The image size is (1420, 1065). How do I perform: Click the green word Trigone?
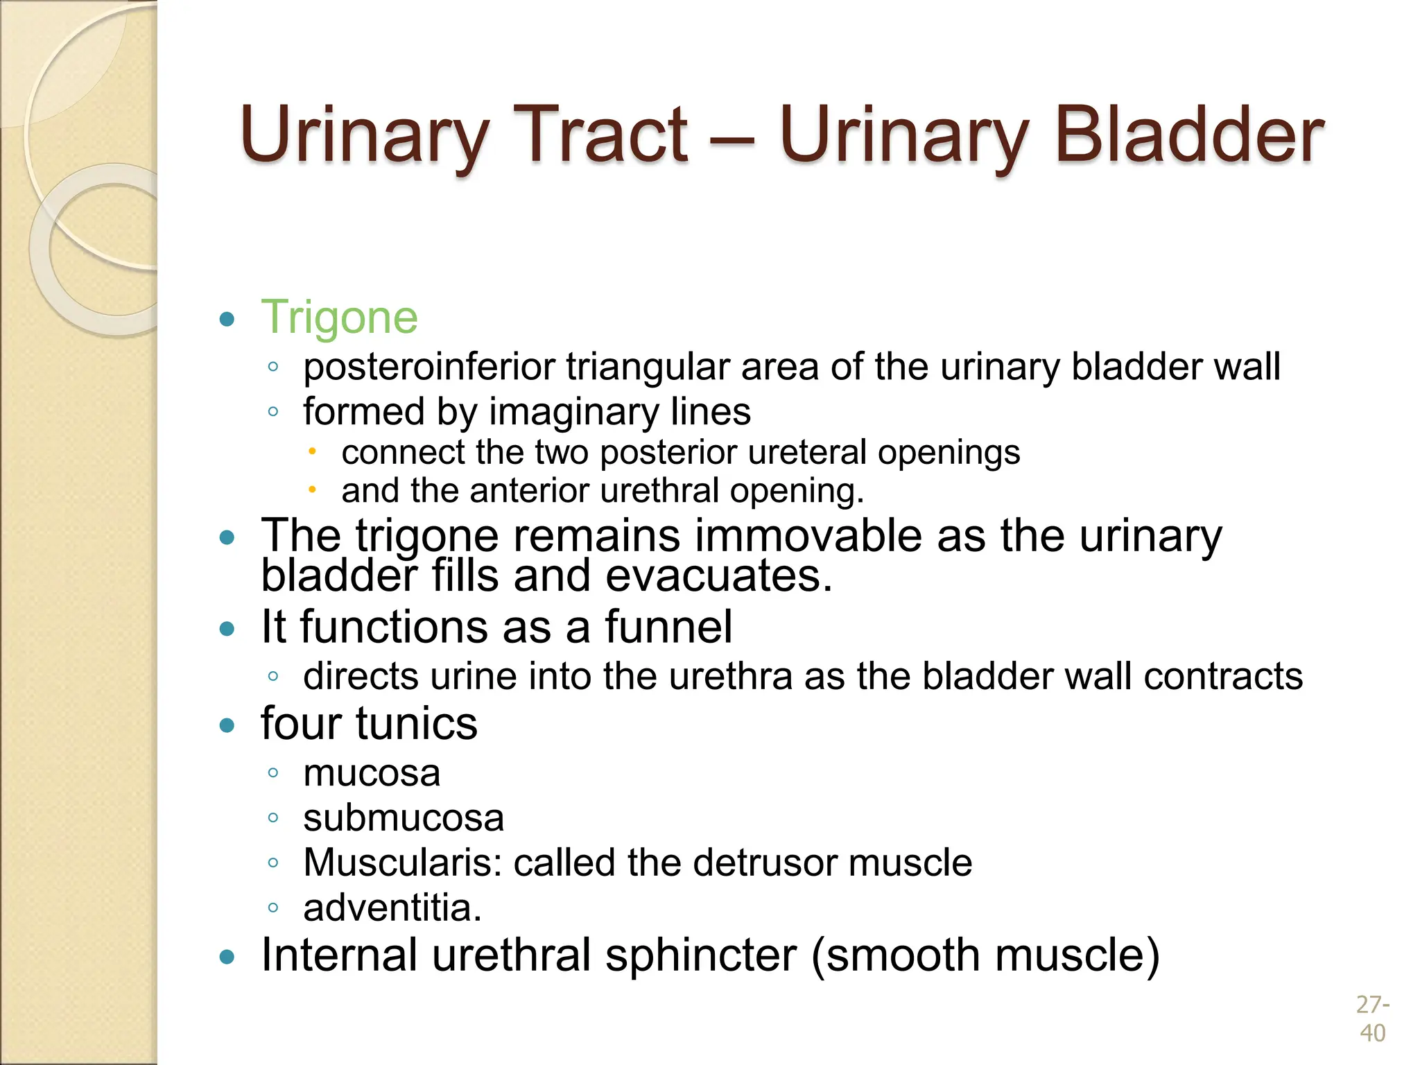339,318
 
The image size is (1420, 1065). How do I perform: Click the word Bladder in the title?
1188,135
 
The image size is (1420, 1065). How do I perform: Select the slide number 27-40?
1372,1019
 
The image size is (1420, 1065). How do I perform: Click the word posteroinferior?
429,367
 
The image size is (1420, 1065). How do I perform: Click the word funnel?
668,627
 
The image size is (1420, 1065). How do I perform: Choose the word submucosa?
404,818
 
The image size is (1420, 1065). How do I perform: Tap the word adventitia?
392,908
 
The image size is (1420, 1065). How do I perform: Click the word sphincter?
700,955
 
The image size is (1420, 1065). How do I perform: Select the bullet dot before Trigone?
227,320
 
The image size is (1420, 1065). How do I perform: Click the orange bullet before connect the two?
312,452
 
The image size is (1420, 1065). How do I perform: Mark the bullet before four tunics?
227,726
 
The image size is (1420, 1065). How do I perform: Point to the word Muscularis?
402,863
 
